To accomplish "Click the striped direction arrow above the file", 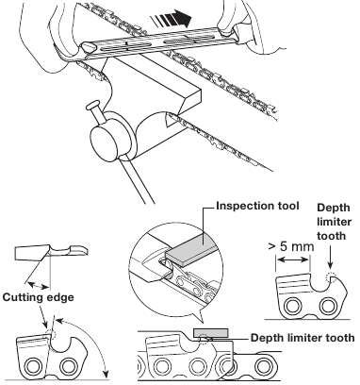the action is [x=172, y=18].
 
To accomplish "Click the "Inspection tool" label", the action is [x=257, y=206].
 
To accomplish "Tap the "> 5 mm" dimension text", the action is [x=291, y=246].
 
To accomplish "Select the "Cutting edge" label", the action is [x=38, y=297].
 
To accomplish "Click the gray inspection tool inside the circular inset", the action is [x=190, y=248].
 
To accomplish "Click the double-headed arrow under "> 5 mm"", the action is [x=293, y=259].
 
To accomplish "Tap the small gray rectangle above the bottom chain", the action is [x=211, y=332].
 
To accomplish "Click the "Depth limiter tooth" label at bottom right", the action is [x=303, y=338].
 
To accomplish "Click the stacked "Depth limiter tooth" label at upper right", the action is [x=334, y=222].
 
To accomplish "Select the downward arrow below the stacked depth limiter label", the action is [x=330, y=258].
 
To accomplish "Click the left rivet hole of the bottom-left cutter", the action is [x=32, y=366].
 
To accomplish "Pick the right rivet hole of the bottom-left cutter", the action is [x=69, y=366].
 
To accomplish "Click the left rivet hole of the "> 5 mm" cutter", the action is [x=292, y=306].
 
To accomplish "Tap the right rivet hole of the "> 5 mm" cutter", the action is [x=328, y=306].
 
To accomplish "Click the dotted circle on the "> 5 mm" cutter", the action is [x=331, y=277].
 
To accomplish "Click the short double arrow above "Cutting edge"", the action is [x=39, y=286].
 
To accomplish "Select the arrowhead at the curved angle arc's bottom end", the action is [x=106, y=375].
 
